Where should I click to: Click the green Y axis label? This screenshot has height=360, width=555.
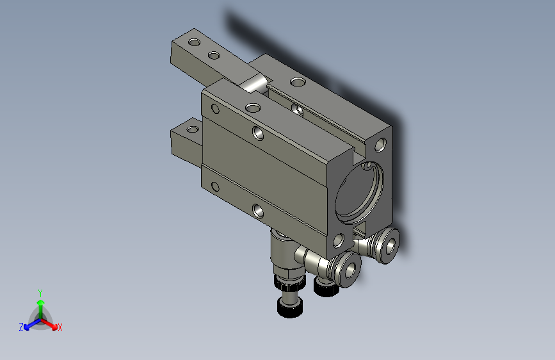[x=40, y=293]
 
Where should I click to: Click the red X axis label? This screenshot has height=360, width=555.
[x=60, y=327]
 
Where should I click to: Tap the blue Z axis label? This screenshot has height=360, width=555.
[x=21, y=327]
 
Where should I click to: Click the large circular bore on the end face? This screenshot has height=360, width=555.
[x=359, y=192]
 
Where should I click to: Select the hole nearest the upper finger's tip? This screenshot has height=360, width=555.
[x=195, y=42]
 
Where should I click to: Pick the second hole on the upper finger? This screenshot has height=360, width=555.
[x=214, y=55]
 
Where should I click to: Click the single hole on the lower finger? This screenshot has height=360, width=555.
[x=193, y=129]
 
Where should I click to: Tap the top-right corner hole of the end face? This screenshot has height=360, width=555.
[x=380, y=145]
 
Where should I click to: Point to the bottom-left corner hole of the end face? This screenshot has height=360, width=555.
[x=339, y=241]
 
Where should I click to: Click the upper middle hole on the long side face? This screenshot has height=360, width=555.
[x=258, y=133]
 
